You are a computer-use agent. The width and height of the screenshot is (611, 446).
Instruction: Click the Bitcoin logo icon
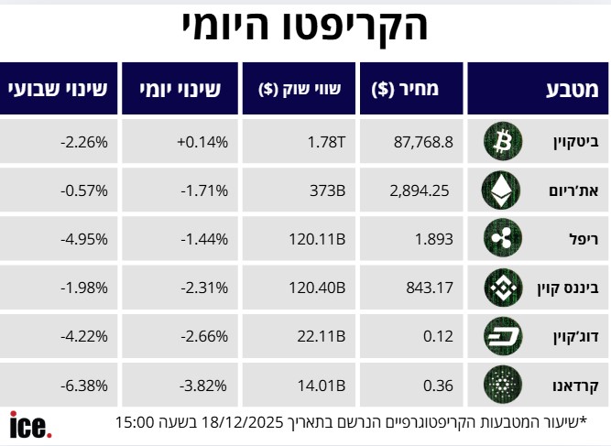click(501, 141)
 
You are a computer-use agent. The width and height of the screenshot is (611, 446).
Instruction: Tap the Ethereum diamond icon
click(501, 190)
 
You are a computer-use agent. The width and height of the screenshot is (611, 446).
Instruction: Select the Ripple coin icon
click(501, 239)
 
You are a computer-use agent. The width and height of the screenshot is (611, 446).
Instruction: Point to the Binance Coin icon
click(501, 288)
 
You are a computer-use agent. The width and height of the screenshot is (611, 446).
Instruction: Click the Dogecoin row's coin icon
click(501, 336)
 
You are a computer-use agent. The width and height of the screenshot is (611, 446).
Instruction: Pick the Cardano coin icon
click(501, 385)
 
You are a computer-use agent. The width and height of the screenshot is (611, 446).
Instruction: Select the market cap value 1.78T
click(326, 141)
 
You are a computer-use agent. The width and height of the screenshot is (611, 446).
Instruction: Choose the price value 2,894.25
click(419, 190)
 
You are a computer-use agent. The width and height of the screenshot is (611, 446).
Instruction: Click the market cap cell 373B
click(327, 190)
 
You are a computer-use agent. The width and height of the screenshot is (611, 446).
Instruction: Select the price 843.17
click(430, 288)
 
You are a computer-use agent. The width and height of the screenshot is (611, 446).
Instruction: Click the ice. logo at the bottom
click(31, 425)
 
